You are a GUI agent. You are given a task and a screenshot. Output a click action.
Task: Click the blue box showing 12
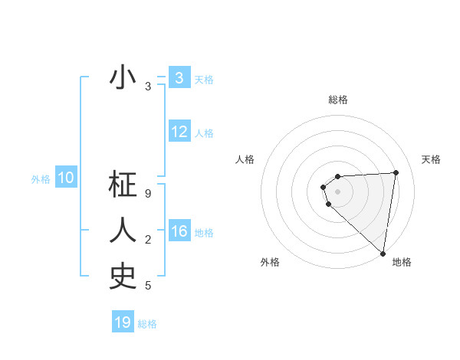179,132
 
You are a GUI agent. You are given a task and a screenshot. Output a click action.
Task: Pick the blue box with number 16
179,232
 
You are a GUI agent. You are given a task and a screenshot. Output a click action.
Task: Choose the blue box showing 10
66,178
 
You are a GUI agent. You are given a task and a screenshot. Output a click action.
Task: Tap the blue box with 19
123,322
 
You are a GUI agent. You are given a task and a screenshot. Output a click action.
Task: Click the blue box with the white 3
179,78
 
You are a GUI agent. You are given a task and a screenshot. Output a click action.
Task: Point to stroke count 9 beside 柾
148,195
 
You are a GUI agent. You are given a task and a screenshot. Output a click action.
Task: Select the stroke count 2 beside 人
148,241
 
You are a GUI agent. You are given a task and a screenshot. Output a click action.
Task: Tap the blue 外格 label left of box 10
41,180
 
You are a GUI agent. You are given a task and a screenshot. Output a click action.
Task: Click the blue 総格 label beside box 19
147,324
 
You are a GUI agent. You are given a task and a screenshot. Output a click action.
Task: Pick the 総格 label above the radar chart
337,100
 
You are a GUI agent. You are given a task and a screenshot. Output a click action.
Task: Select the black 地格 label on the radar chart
402,263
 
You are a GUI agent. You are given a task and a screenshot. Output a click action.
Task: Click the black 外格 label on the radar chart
270,263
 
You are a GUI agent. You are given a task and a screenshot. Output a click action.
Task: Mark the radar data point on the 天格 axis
396,172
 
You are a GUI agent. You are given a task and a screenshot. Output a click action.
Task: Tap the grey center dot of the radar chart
337,191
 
